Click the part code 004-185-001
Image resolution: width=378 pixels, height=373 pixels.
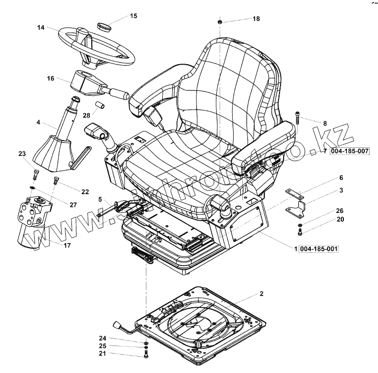tap(319, 248)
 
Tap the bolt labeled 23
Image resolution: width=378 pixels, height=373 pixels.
tap(34, 174)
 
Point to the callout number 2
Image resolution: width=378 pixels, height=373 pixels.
tap(261, 294)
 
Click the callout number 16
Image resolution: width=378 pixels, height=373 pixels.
tap(50, 78)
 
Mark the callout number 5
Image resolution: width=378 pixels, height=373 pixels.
tap(100, 198)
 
